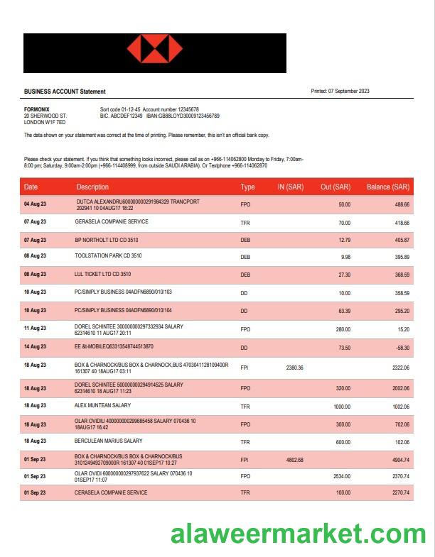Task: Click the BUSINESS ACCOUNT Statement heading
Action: coord(65,92)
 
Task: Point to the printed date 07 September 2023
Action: coord(348,91)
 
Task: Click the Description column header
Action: coord(92,187)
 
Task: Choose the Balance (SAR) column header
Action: coord(387,187)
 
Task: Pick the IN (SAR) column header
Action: coord(290,187)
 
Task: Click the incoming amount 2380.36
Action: coord(294,368)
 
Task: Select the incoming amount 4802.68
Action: coord(294,460)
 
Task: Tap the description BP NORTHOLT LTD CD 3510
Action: coord(107,240)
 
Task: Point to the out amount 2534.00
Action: coord(340,476)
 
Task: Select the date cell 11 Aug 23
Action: coord(35,329)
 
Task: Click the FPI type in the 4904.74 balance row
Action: coord(245,460)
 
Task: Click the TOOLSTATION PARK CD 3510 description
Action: coord(108,256)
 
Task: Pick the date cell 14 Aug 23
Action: coord(35,347)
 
